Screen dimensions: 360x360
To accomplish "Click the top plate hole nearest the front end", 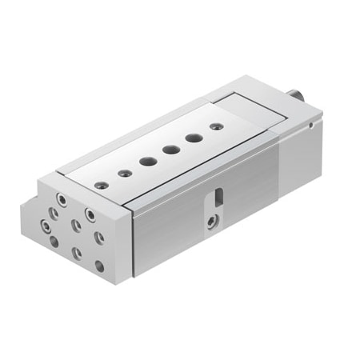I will coord(100,185).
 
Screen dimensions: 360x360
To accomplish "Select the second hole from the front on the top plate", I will coord(124,172).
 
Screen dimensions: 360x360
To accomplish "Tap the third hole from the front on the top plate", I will coord(147,161).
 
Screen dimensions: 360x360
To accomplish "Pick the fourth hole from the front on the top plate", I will coord(170,149).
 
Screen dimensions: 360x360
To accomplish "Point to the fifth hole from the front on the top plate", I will coord(193,137).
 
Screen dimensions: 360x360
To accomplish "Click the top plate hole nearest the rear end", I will coord(214,126).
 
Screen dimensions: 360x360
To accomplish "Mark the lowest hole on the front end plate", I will coord(99,265).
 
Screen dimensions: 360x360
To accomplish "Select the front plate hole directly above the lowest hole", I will coord(99,237).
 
